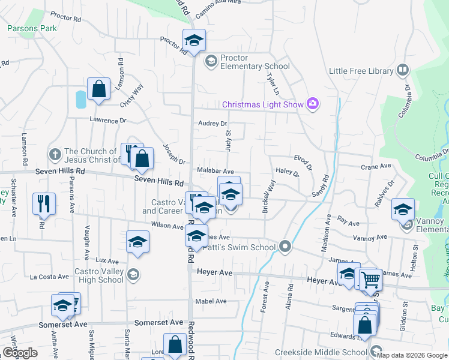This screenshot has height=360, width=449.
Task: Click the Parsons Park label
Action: (32, 28)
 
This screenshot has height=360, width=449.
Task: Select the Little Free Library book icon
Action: (402, 71)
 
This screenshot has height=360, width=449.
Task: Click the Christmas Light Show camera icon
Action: (312, 104)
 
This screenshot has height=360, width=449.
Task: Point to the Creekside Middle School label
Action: (321, 352)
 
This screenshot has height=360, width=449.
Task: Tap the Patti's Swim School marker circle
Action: (285, 247)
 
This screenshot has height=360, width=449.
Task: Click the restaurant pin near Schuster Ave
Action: (44, 203)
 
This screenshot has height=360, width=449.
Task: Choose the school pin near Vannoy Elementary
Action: (403, 209)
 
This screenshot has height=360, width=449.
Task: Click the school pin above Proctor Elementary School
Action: (194, 40)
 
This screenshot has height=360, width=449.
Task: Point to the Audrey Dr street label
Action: (213, 124)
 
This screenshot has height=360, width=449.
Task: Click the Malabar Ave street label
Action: (215, 171)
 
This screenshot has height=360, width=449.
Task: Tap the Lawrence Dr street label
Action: (109, 120)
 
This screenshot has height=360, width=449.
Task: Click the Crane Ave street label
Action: (376, 166)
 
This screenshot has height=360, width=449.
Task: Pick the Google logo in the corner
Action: (20, 353)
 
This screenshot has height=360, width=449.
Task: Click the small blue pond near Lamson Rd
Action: (80, 98)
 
